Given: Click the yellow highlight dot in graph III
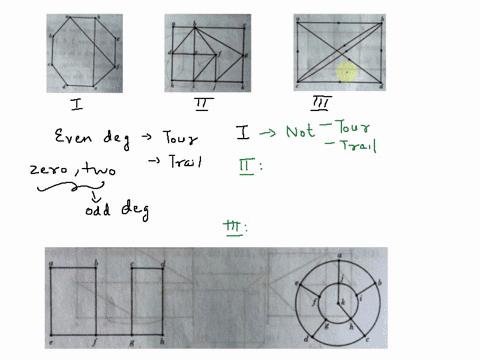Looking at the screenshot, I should pos(346,71).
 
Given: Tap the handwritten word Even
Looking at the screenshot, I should pos(72,137).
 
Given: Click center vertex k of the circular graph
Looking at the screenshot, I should pos(342,301).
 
